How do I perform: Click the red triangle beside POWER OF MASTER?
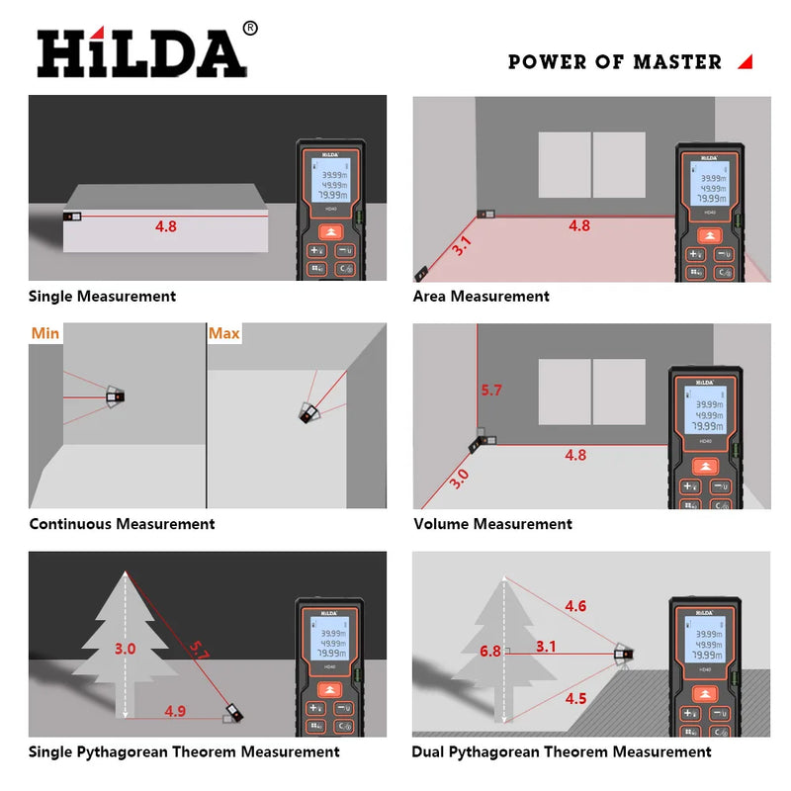tap(745, 61)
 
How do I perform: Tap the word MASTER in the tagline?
tap(677, 61)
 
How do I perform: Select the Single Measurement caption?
tap(102, 296)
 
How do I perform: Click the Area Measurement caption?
tap(481, 296)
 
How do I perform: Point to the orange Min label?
tap(45, 333)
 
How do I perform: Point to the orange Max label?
tap(223, 333)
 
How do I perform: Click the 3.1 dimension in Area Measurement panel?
tap(461, 245)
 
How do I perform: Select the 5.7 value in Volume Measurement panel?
tap(490, 390)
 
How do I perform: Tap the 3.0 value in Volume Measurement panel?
tap(460, 479)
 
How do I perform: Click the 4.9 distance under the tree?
tap(175, 710)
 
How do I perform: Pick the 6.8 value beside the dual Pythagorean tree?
tap(489, 651)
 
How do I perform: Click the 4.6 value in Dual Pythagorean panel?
tap(574, 606)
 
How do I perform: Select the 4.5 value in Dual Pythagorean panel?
tap(574, 698)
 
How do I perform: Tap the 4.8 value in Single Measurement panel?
tap(165, 225)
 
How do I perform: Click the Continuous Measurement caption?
tap(122, 524)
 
